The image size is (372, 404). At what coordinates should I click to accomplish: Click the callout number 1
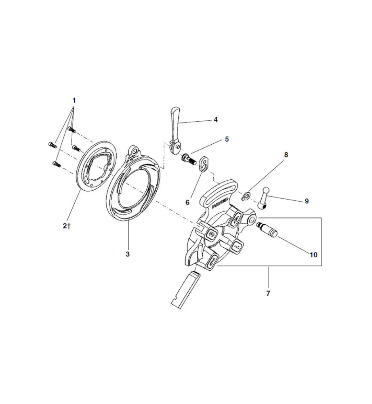pos(74,99)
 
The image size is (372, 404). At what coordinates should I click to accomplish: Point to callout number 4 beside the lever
pos(216,120)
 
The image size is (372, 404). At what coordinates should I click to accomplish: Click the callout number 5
pos(227,139)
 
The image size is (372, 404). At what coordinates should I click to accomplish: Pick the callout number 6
pos(187,202)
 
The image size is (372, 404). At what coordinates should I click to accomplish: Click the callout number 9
pos(307,200)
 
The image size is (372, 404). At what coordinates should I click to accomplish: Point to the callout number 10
pos(313,255)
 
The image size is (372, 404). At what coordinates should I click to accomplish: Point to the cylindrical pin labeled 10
pos(267,229)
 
